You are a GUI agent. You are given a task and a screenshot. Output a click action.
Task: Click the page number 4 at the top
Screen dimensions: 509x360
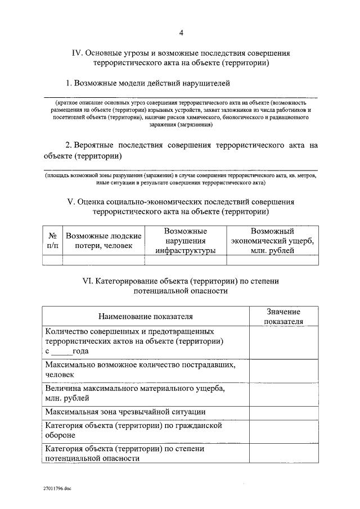coord(181,33)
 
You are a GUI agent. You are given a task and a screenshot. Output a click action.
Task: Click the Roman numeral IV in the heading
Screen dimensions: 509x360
coord(77,53)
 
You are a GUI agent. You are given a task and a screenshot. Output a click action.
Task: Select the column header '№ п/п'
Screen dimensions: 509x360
coord(52,241)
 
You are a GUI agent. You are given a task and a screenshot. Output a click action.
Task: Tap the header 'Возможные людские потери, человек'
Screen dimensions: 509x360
coord(103,241)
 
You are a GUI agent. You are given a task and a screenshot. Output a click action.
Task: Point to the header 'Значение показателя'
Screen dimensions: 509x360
coord(283,316)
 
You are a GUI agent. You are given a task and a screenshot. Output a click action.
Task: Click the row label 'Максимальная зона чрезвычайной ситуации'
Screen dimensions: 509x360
coord(128,412)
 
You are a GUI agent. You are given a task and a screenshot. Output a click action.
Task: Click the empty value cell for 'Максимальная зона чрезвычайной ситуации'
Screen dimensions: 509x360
coord(283,412)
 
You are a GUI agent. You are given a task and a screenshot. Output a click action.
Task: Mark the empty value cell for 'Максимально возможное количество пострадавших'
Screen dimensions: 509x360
coord(283,369)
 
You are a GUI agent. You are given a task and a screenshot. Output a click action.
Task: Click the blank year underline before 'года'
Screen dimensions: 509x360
coord(61,351)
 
